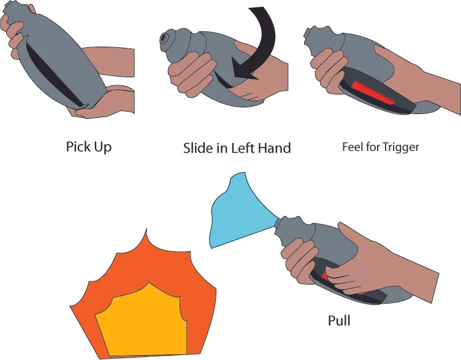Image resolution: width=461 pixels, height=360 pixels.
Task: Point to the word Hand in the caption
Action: pos(274,148)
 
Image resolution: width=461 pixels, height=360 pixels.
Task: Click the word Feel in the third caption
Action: pos(352,147)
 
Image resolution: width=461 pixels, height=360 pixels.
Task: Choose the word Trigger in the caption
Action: pos(400,147)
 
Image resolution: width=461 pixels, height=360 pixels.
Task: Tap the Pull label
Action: pos(339,320)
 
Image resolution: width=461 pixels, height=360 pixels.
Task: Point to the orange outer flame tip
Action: pos(146,229)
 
